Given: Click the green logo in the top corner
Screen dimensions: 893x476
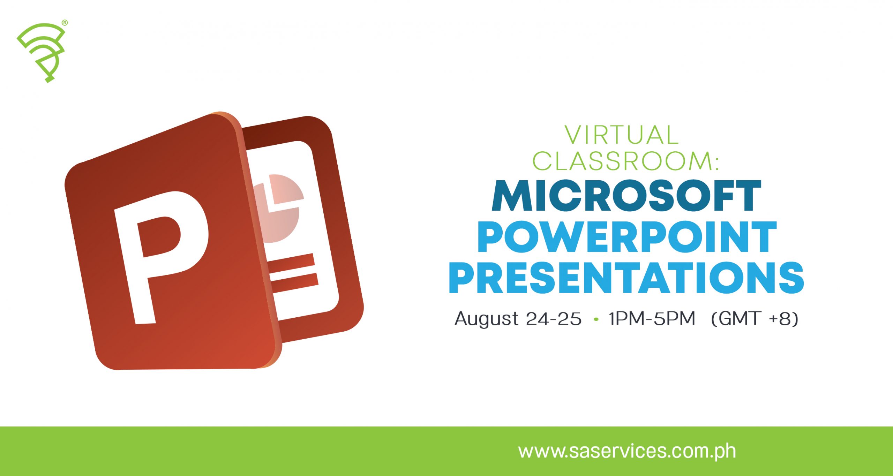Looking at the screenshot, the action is point(41,52).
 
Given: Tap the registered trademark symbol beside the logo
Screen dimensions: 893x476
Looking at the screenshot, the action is point(65,23).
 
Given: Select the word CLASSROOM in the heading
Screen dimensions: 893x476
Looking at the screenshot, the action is point(622,161).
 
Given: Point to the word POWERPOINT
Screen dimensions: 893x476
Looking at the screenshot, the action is point(627,237).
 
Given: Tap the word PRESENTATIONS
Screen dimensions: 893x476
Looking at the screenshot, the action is point(626,278).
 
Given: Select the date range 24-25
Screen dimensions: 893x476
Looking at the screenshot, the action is point(554,318).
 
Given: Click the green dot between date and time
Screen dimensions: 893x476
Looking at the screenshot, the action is point(596,319).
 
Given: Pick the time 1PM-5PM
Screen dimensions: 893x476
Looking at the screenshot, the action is point(652,318).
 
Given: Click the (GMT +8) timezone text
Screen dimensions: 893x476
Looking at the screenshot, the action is point(755,318).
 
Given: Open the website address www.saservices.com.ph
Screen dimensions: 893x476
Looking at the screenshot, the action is point(627,452).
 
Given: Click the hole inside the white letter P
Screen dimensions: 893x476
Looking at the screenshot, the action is point(159,237).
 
